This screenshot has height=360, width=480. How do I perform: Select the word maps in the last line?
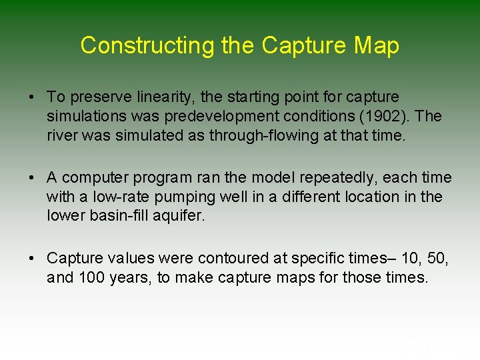tap(297, 277)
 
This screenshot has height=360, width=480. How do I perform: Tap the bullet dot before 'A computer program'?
tap(31, 178)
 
